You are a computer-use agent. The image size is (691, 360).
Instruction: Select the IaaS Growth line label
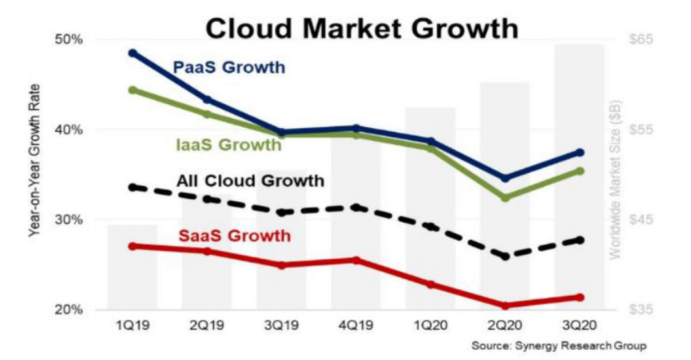229,145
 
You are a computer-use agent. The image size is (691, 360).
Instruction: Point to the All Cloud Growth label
250,180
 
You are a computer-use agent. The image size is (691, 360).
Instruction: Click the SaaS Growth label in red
234,236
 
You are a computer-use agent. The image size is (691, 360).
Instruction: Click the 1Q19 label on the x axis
132,326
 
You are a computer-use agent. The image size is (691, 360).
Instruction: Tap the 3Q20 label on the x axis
580,326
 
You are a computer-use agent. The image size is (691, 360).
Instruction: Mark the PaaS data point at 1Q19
133,53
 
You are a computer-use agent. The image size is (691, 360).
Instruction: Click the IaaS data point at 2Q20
505,198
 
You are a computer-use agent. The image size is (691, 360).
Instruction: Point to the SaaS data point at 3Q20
580,297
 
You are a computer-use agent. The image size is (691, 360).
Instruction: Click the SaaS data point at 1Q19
133,246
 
